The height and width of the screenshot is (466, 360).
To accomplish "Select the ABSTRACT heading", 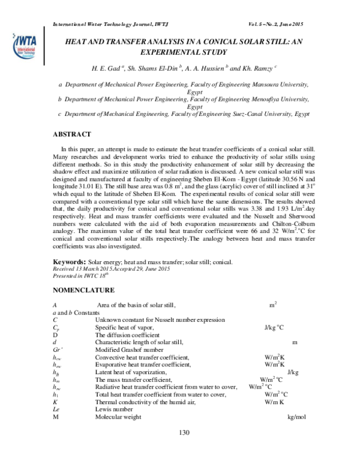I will pos(72,133).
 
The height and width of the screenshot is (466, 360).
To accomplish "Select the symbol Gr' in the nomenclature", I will pos(58,349).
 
